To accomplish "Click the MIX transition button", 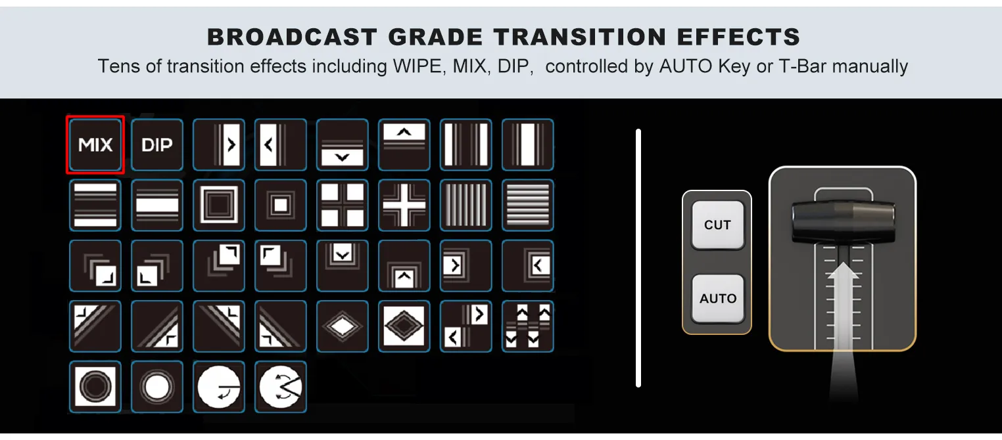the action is (95, 144).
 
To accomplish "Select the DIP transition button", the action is (157, 144).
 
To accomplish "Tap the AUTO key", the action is (718, 298).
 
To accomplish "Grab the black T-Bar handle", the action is (843, 221).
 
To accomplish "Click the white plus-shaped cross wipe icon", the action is (404, 205).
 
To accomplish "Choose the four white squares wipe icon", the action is (342, 205).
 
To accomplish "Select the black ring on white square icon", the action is (95, 387).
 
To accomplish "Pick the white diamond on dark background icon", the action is (342, 326).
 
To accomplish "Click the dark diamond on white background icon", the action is (404, 326).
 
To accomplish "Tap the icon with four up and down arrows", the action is (527, 326).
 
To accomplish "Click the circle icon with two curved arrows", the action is (281, 387).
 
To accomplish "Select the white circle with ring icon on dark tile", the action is (157, 387).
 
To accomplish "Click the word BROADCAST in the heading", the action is (292, 37).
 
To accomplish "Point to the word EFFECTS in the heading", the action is (738, 37).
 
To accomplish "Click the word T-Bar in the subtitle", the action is (803, 66).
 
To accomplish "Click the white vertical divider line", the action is (638, 258).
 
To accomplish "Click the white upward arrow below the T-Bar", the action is (843, 330).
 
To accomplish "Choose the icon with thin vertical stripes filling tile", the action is (465, 205).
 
